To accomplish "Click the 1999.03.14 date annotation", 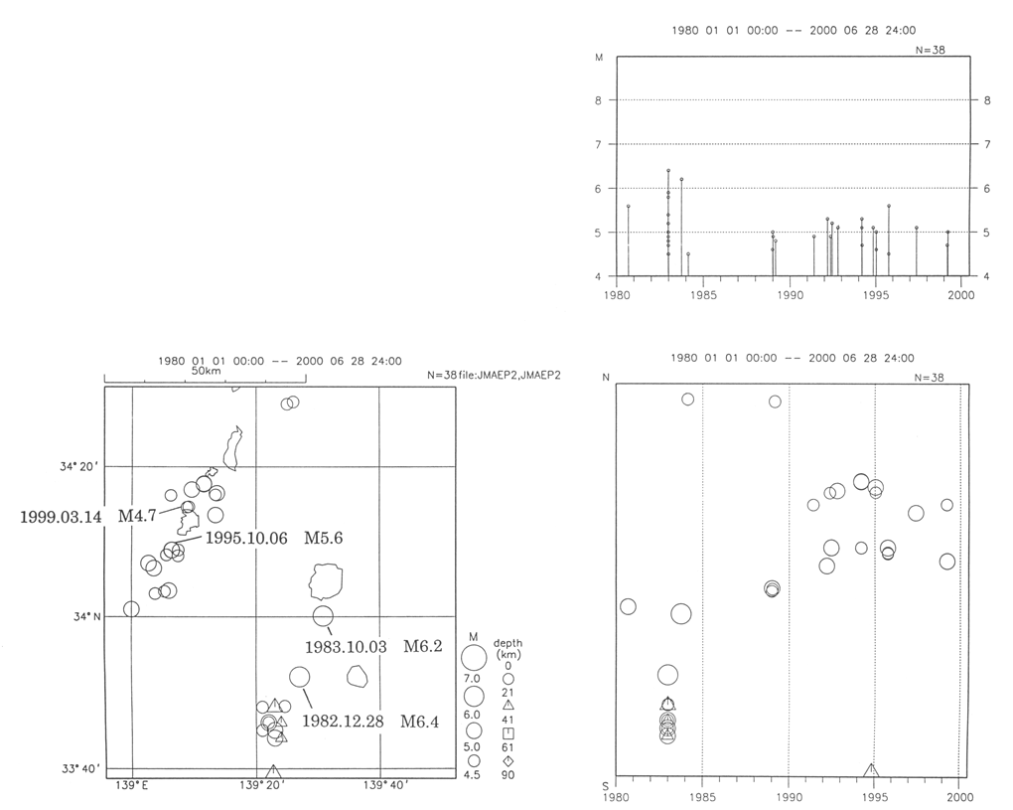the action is [x=61, y=517].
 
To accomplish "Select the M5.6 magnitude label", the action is [x=323, y=538].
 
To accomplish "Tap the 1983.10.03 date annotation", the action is [x=346, y=646].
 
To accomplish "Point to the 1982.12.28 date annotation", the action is [x=343, y=721].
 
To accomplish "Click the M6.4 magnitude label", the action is [x=419, y=721].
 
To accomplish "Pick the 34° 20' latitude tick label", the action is [x=79, y=466].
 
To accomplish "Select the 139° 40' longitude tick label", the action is [x=383, y=785].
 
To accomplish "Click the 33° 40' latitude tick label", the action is [x=81, y=768].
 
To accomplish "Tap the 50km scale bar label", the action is [x=207, y=371].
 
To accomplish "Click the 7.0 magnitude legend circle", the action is [x=474, y=657].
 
